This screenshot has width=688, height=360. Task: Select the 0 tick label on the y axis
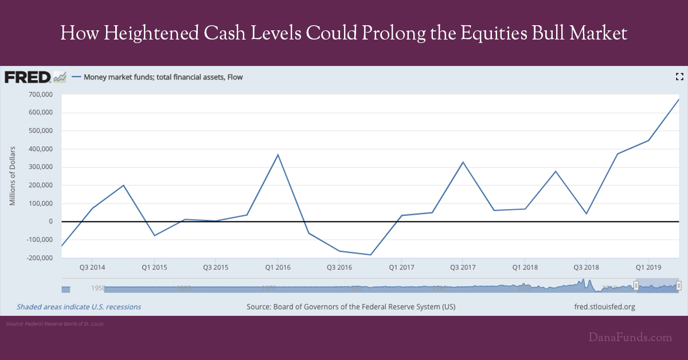(x=50, y=222)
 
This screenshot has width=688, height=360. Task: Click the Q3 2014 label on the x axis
(x=91, y=267)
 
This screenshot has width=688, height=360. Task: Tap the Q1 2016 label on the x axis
(x=277, y=267)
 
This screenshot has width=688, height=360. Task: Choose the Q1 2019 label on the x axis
(x=648, y=267)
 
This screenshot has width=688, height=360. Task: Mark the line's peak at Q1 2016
(x=278, y=155)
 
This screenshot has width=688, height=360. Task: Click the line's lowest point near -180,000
(x=371, y=255)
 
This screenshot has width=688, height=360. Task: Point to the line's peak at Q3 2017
(x=463, y=162)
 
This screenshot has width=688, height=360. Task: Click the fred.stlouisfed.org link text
(x=604, y=307)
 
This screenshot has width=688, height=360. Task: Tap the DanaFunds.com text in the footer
(x=630, y=338)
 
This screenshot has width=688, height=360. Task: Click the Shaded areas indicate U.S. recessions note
(x=79, y=307)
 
